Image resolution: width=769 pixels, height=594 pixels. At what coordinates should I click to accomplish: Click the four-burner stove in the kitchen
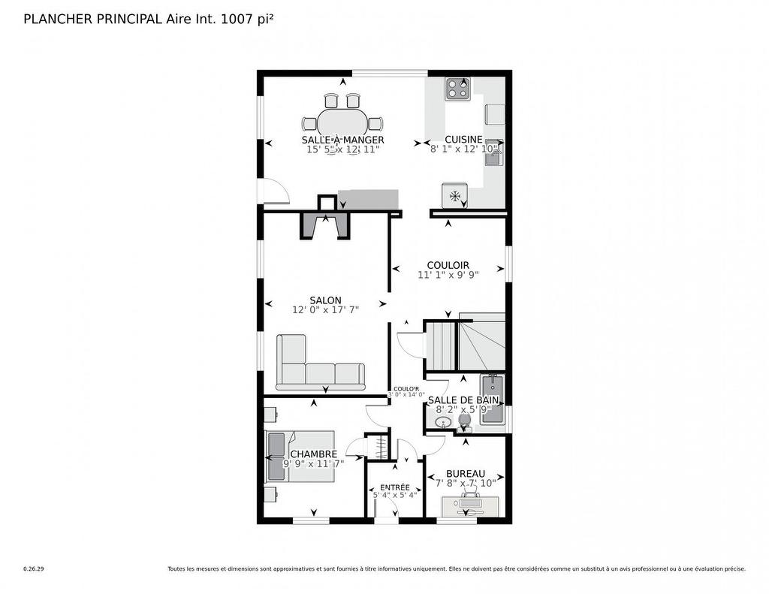click(458, 89)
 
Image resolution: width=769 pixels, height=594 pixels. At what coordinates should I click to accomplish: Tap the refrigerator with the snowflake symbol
click(454, 195)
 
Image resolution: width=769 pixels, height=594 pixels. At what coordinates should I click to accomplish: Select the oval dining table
click(343, 123)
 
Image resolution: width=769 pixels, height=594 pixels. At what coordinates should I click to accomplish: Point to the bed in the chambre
click(300, 455)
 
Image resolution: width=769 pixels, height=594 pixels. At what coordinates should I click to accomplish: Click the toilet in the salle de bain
click(463, 424)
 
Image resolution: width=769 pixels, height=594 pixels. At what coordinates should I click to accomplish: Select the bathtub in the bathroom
click(492, 400)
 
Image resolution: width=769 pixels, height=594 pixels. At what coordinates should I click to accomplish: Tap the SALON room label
click(325, 300)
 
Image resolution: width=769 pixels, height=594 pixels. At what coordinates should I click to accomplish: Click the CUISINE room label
click(463, 140)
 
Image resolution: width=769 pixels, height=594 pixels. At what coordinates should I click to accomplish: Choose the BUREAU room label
click(465, 473)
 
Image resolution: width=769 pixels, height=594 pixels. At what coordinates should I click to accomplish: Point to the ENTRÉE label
click(395, 487)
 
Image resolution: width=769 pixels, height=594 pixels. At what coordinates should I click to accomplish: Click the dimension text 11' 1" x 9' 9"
click(448, 275)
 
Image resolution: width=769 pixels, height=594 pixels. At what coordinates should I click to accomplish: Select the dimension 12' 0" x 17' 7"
click(325, 310)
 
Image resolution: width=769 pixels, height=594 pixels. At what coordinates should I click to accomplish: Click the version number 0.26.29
click(34, 569)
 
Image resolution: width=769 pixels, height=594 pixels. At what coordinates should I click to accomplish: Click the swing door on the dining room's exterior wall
click(273, 191)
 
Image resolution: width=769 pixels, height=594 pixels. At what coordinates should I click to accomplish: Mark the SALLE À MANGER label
click(342, 140)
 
